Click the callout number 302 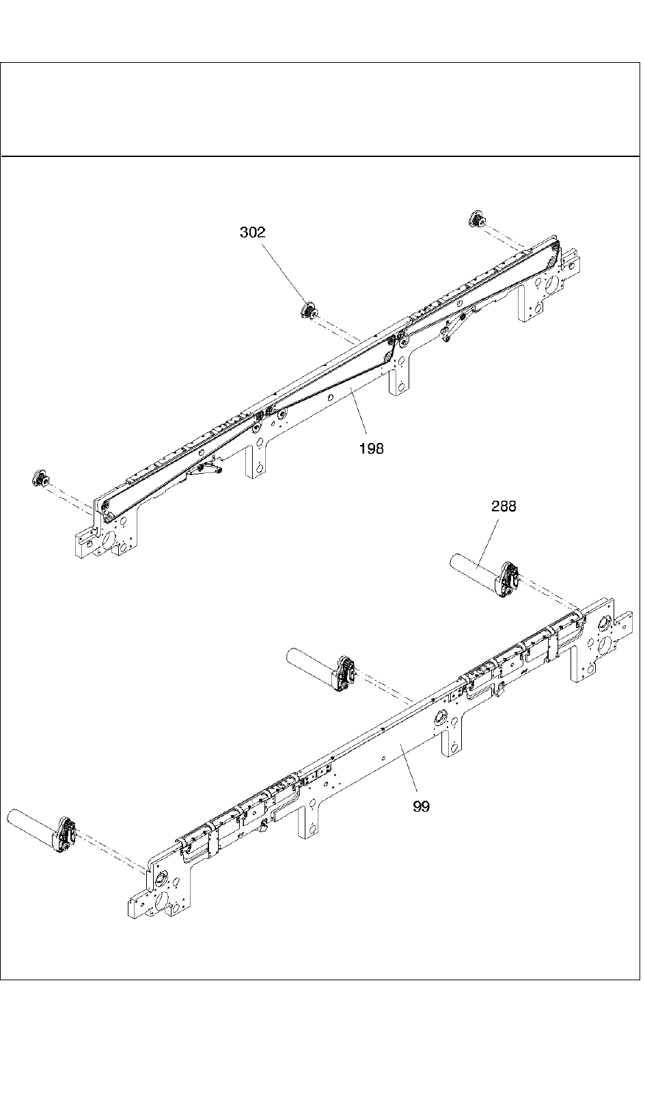[x=252, y=233]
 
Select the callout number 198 [x=371, y=448]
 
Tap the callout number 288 [x=504, y=507]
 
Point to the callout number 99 [x=422, y=806]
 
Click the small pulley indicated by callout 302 [x=308, y=311]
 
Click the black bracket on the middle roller [x=345, y=673]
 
